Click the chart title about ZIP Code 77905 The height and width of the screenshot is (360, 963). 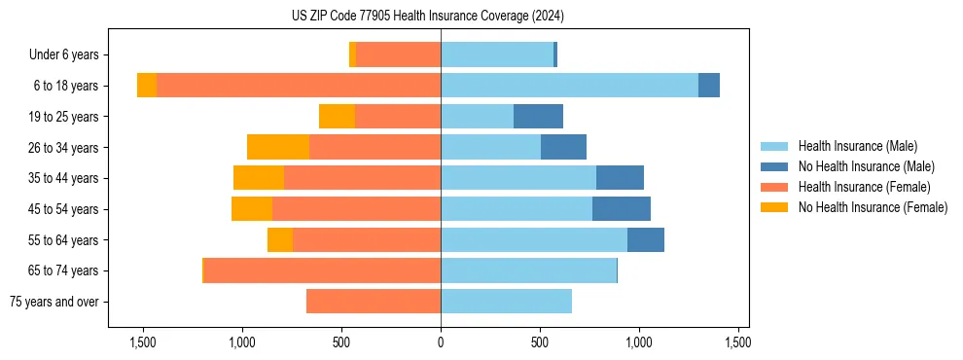point(427,17)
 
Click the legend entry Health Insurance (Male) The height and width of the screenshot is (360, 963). point(857,146)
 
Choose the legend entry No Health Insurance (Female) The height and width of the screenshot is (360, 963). point(873,207)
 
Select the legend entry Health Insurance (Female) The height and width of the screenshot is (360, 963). point(864,187)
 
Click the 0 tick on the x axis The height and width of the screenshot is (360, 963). point(441,342)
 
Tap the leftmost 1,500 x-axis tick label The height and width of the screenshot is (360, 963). point(143,342)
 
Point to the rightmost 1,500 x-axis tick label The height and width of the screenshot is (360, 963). point(737,342)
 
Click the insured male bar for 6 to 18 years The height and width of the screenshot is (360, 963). point(569,86)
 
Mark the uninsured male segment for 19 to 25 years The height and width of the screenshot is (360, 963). point(538,117)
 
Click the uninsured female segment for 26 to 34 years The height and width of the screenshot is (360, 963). point(278,147)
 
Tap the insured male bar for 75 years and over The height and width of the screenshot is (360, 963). point(506,302)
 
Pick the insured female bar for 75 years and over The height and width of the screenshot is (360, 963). point(374,302)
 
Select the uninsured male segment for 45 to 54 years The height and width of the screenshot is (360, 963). point(622,209)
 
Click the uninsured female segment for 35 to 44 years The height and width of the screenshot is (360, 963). point(259,178)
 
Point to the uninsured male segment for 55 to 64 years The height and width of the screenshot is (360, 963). point(646,239)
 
